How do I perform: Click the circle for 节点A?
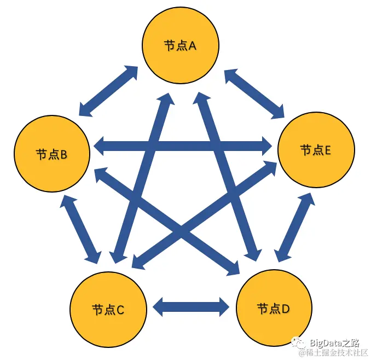pyautogui.click(x=180, y=45)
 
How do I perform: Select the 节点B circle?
pyautogui.click(x=51, y=154)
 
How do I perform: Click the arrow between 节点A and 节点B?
pyautogui.click(x=108, y=91)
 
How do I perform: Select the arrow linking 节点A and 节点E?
pyautogui.click(x=256, y=94)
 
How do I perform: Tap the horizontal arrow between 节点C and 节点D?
pyautogui.click(x=191, y=306)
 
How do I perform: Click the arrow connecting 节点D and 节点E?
pyautogui.click(x=295, y=227)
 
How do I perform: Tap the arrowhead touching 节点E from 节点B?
pyautogui.click(x=266, y=146)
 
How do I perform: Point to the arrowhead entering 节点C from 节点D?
pyautogui.click(x=160, y=306)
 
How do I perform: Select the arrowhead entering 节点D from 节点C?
pyautogui.click(x=222, y=306)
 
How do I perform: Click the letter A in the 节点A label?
pyautogui.click(x=192, y=46)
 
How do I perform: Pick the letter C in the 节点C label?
pyautogui.click(x=121, y=309)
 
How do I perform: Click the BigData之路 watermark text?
pyautogui.click(x=334, y=343)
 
